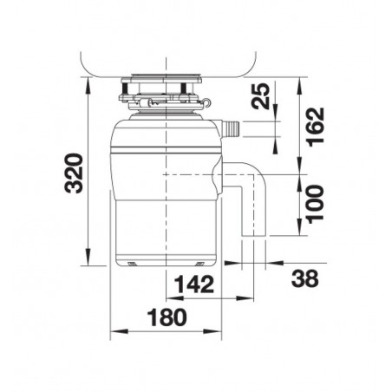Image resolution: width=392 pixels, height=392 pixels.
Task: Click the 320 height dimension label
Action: point(74,173)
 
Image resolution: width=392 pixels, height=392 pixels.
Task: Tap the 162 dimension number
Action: point(316,127)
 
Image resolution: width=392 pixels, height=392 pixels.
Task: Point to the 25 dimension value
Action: point(260,96)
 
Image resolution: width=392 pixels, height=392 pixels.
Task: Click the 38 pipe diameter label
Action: point(305,278)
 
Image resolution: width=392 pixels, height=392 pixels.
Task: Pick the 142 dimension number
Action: point(194,284)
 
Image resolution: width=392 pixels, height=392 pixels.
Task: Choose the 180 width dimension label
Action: point(167,317)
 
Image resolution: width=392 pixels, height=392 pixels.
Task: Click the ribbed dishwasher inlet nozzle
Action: point(231,128)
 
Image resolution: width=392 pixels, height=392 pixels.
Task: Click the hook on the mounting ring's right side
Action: point(207,102)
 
